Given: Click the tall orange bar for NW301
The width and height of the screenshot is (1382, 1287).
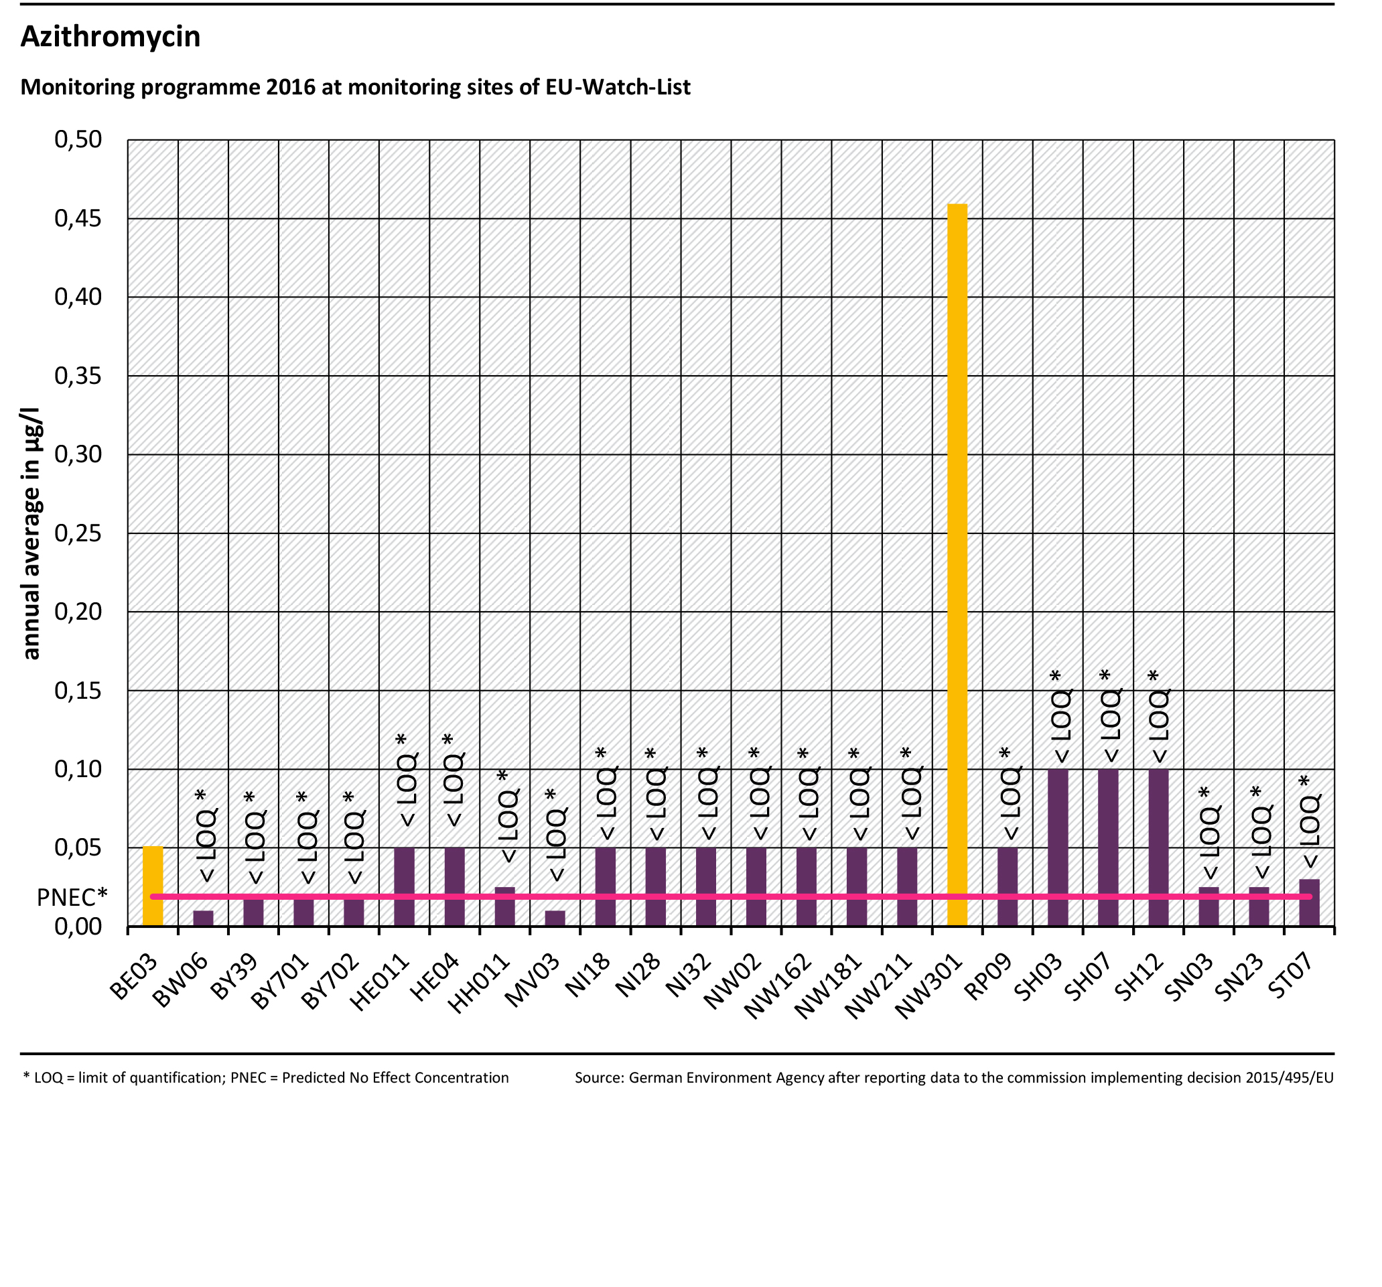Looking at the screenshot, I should pyautogui.click(x=957, y=563).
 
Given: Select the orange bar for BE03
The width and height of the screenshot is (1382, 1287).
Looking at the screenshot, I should pyautogui.click(x=153, y=886).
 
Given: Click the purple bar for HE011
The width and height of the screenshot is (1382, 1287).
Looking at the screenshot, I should pyautogui.click(x=404, y=886).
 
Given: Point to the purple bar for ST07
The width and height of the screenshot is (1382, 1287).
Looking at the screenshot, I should pyautogui.click(x=1309, y=902).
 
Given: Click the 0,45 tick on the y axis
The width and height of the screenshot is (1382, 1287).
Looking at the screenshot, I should pyautogui.click(x=78, y=218).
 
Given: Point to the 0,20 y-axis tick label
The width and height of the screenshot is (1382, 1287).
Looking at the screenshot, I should pyautogui.click(x=78, y=611).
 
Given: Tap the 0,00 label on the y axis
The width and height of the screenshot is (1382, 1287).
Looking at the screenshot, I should pyautogui.click(x=78, y=926).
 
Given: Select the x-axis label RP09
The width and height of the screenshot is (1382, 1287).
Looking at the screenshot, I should pyautogui.click(x=987, y=976).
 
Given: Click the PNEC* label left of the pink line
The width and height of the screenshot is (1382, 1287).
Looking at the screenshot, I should pyautogui.click(x=72, y=897).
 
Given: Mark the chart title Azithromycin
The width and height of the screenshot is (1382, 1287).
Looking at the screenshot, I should pyautogui.click(x=111, y=36).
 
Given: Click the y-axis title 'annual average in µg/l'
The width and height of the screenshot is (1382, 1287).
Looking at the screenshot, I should pyautogui.click(x=31, y=533).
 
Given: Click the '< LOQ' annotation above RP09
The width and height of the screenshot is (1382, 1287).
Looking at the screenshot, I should pyautogui.click(x=1010, y=803).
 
